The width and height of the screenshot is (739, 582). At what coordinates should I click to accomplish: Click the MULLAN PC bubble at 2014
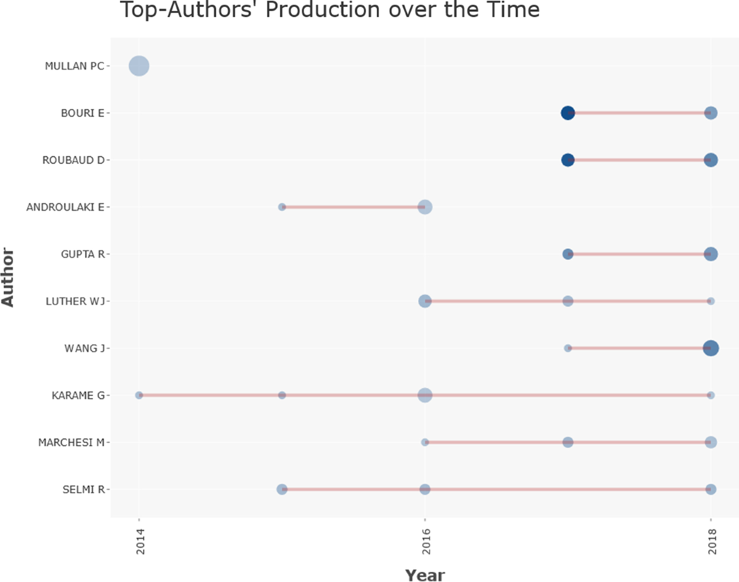tap(139, 65)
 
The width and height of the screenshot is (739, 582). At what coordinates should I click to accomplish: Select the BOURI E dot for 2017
tap(568, 113)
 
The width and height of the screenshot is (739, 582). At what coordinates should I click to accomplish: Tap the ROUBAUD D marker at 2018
tap(711, 160)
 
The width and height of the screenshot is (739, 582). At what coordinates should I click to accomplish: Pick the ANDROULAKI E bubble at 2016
tap(425, 207)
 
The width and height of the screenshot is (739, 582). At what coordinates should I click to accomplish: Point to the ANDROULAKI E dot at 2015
tap(282, 207)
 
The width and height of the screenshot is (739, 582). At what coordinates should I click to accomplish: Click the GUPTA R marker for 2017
tap(568, 254)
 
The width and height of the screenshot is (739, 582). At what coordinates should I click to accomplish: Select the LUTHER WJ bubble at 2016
tap(425, 301)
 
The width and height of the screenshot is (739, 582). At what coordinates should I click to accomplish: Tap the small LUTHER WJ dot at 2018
tap(711, 301)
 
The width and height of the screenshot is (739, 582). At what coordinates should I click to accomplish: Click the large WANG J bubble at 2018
tap(711, 348)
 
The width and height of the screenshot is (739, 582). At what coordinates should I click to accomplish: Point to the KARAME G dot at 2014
tap(139, 395)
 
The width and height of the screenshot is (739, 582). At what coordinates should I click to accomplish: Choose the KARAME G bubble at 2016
tap(425, 395)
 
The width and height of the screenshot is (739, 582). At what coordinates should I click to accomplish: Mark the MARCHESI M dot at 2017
tap(568, 442)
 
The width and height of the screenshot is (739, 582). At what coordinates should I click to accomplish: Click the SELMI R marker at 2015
tap(282, 489)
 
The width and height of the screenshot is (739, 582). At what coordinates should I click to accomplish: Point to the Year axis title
tap(424, 574)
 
